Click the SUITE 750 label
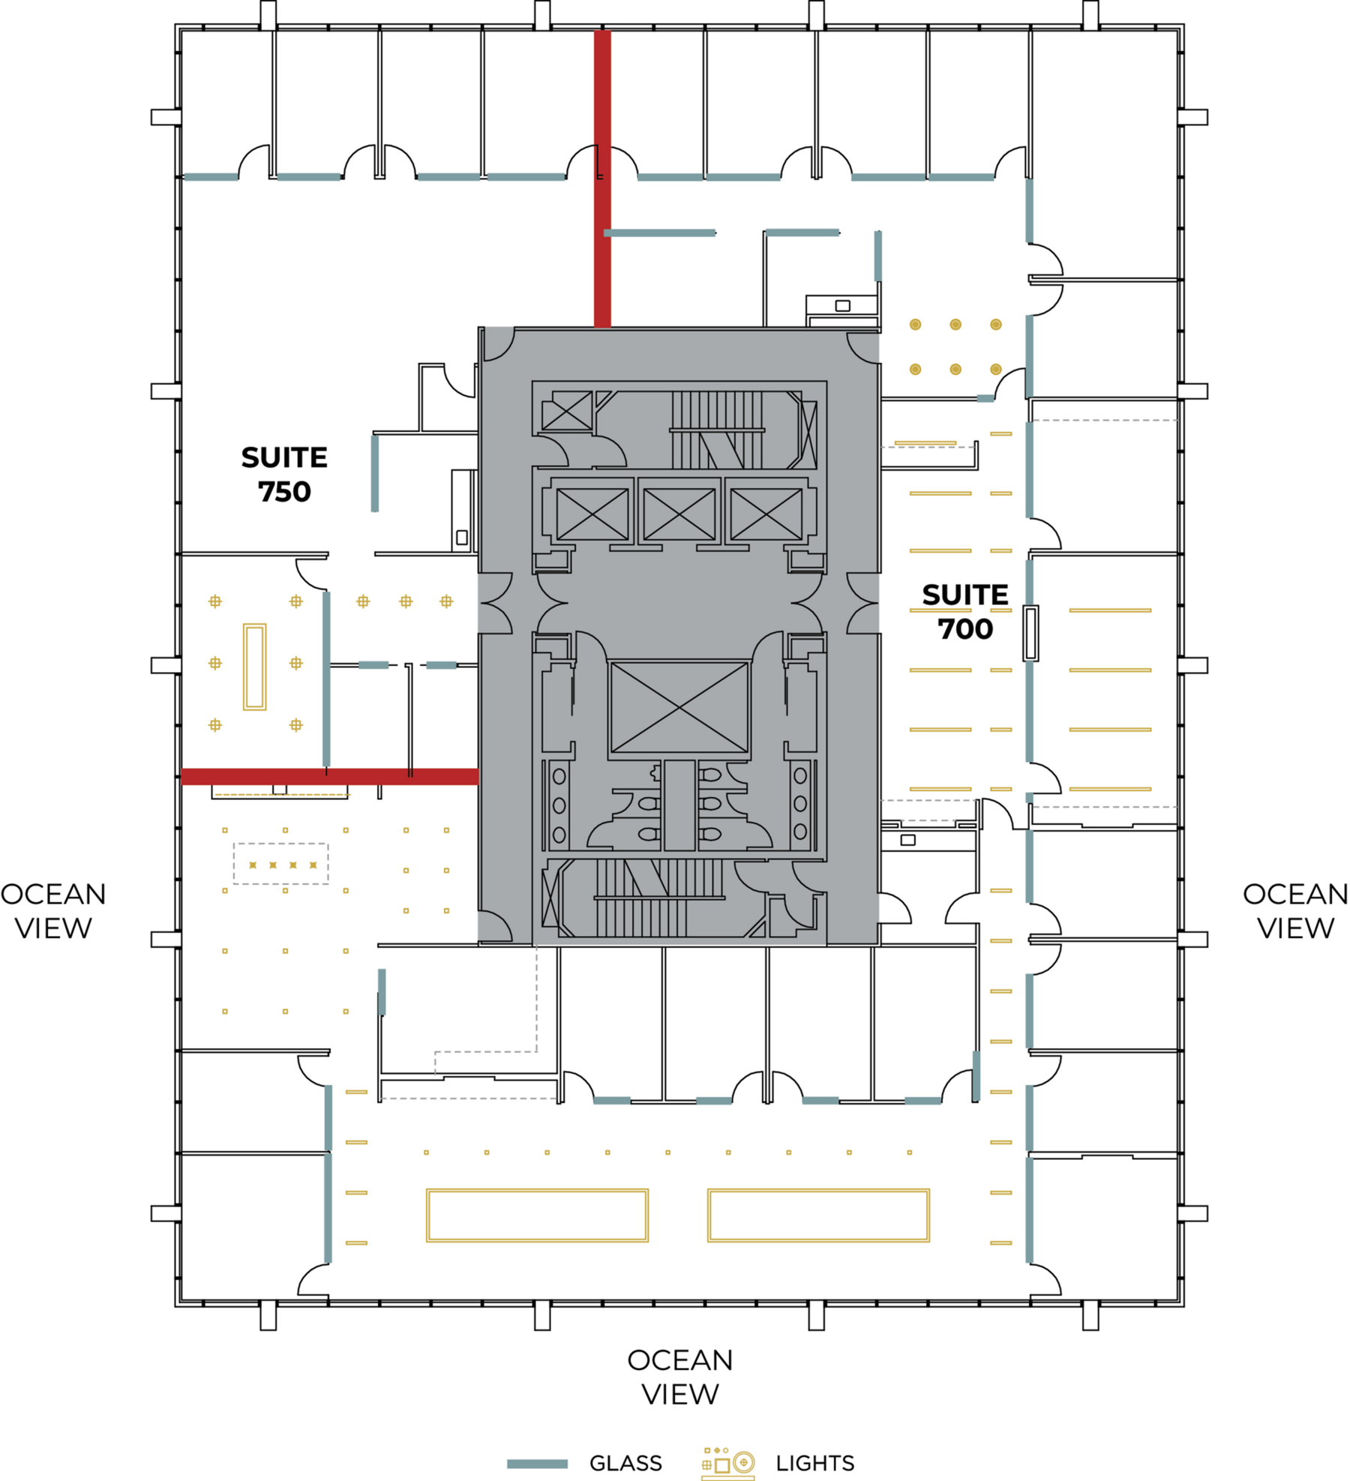[284, 475]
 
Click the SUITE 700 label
[965, 612]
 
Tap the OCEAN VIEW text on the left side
[53, 911]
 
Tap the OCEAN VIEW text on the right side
[1295, 911]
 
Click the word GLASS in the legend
[625, 1463]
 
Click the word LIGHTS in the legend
[815, 1463]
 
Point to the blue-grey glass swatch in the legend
[537, 1464]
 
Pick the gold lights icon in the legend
[727, 1463]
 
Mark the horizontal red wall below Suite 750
[330, 776]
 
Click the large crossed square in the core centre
[679, 707]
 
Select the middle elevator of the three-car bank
[679, 514]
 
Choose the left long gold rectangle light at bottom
[537, 1216]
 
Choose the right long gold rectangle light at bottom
[818, 1216]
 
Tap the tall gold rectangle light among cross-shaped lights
[254, 667]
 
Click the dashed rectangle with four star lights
[281, 864]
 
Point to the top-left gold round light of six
[915, 325]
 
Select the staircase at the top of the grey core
[716, 430]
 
